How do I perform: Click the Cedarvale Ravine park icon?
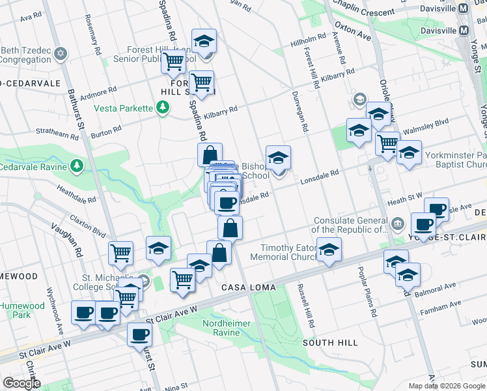[77, 166]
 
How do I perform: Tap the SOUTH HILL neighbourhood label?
[330, 343]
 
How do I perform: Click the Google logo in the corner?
[21, 383]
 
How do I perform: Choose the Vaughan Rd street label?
[67, 240]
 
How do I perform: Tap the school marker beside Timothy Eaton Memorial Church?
[329, 249]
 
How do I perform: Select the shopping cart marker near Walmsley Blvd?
[387, 142]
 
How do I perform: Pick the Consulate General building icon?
[397, 225]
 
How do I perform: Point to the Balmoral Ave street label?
[436, 288]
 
